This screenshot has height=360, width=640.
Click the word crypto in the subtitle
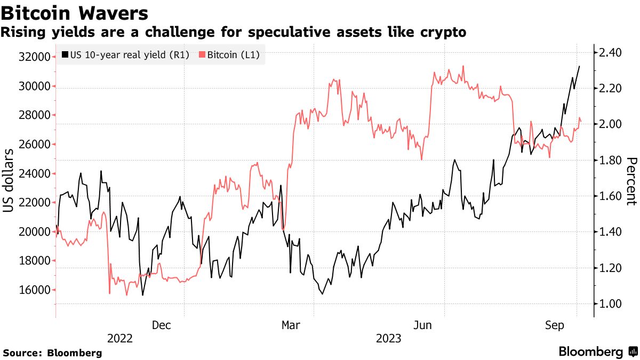[x=443, y=33]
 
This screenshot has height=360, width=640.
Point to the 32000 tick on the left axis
[x=35, y=57]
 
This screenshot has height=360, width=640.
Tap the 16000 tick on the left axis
[x=35, y=290]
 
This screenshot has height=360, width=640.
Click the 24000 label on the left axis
[x=35, y=174]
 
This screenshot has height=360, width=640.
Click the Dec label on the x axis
[x=162, y=325]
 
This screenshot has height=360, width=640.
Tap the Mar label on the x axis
[x=292, y=325]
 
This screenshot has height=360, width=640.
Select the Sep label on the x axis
[x=555, y=325]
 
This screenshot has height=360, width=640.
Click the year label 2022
[x=120, y=339]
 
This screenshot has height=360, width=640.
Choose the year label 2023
[x=389, y=339]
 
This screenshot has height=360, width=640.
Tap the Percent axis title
[x=631, y=181]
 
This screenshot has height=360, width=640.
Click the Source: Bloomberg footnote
[x=52, y=353]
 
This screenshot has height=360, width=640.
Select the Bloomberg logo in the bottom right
[x=597, y=352]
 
